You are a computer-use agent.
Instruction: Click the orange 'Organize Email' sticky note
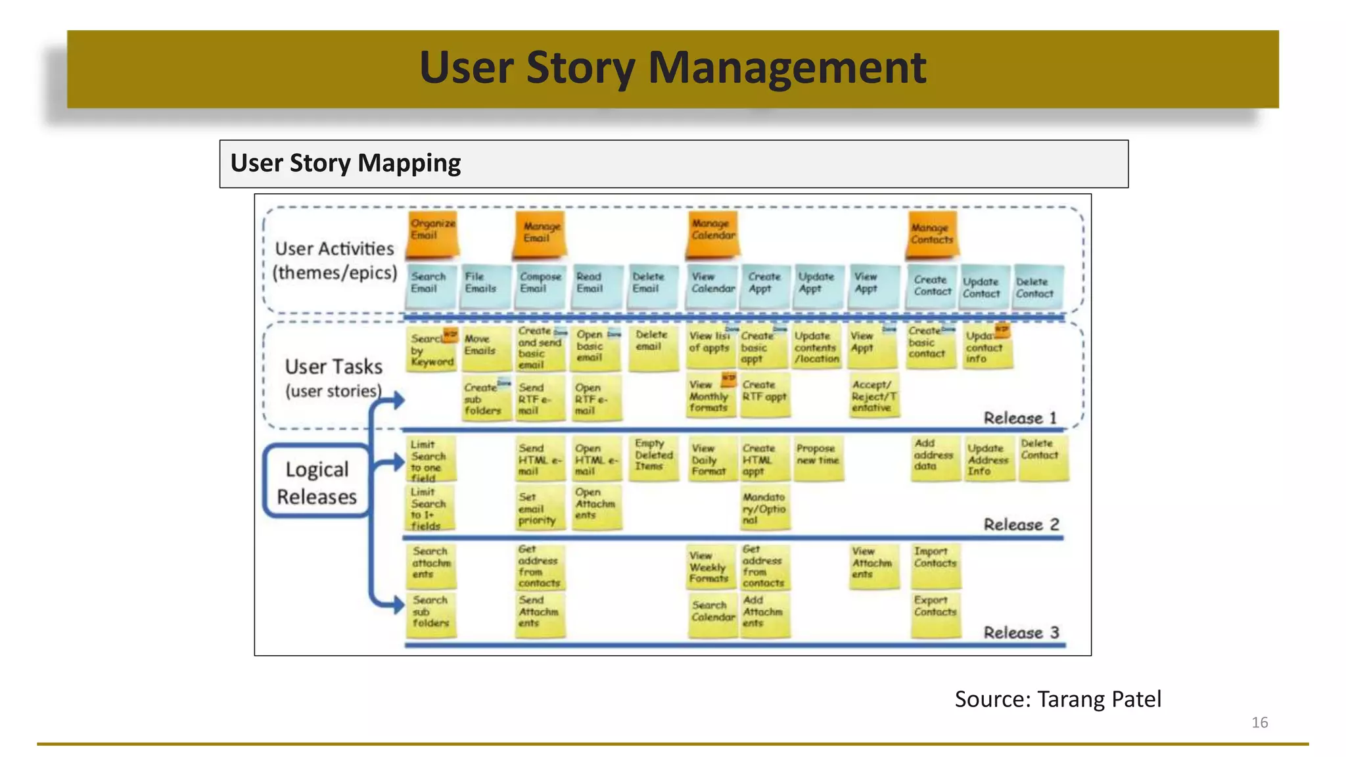432,233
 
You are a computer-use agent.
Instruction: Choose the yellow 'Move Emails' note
484,347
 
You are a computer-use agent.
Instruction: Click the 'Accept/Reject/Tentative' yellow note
873,396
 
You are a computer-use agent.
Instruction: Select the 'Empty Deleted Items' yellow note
653,458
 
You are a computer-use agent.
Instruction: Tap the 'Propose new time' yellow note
818,458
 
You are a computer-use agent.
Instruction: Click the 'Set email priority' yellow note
539,509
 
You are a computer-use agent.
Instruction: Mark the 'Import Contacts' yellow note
935,564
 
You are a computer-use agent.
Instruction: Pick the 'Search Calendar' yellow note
712,614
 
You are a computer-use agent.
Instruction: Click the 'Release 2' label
1021,524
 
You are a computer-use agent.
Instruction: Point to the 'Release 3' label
1021,632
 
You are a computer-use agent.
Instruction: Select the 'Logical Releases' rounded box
317,482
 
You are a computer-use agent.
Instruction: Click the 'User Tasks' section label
333,367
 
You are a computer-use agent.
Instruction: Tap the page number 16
1259,722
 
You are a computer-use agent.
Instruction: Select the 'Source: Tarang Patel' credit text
1057,699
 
